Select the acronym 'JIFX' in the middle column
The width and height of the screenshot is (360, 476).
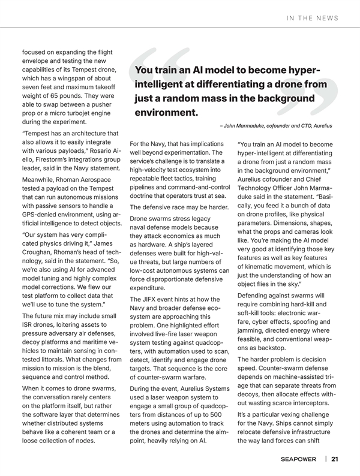click(x=152, y=299)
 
